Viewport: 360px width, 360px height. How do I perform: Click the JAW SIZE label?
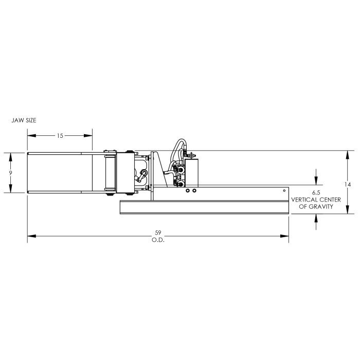(x=24, y=120)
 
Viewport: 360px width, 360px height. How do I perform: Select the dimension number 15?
(x=60, y=136)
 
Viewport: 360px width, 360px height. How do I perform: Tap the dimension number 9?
(x=10, y=173)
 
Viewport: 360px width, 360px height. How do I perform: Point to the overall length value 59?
(x=158, y=232)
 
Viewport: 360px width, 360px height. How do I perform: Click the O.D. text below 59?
(x=158, y=240)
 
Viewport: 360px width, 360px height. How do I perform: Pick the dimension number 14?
(x=348, y=184)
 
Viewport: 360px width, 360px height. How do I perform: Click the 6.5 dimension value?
(x=316, y=193)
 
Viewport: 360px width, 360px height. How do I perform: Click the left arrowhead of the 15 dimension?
(x=32, y=135)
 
